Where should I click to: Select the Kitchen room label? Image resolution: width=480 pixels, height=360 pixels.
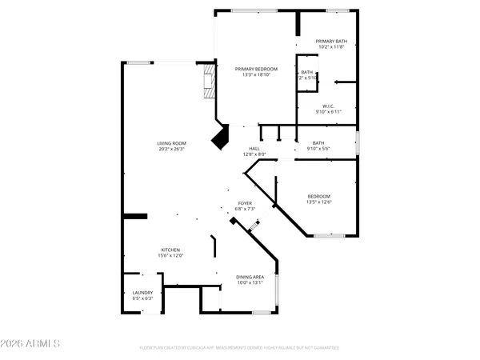click(x=171, y=250)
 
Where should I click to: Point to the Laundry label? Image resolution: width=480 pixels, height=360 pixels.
click(x=142, y=293)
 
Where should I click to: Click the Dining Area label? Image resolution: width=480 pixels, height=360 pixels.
click(x=250, y=277)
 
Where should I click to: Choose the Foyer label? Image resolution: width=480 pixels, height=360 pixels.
click(x=245, y=203)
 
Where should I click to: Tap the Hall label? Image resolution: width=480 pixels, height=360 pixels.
click(x=254, y=148)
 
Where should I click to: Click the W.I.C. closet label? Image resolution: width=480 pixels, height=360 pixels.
click(x=328, y=106)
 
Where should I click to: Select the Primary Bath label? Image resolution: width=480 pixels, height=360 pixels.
click(x=330, y=42)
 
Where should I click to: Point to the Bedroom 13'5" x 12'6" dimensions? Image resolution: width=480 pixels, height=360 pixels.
click(x=319, y=202)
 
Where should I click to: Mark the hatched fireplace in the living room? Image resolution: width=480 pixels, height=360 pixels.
click(x=209, y=82)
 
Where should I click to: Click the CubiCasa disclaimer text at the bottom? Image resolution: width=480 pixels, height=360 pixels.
click(x=239, y=348)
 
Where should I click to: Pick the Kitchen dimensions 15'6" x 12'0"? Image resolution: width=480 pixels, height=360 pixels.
click(x=171, y=256)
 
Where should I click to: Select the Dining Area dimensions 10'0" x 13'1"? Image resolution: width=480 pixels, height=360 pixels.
click(x=250, y=283)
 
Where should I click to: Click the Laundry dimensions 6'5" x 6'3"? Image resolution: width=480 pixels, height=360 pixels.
click(x=142, y=299)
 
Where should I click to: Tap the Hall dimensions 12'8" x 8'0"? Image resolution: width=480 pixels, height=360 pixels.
click(x=254, y=154)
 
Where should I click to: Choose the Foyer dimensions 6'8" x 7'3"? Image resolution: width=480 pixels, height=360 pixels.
click(x=245, y=210)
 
